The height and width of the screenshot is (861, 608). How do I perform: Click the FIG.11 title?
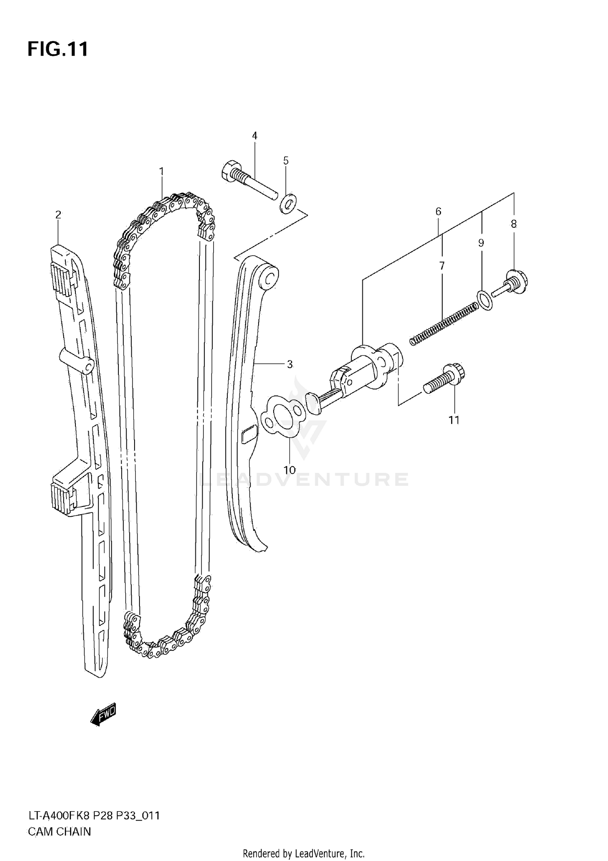pyautogui.click(x=58, y=49)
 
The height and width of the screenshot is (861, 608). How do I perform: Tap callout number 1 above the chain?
pyautogui.click(x=161, y=171)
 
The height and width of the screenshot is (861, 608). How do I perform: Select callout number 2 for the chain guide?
pyautogui.click(x=58, y=214)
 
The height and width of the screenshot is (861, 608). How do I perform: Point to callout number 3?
pyautogui.click(x=289, y=364)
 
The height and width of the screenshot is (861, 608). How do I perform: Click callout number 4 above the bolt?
pyautogui.click(x=255, y=136)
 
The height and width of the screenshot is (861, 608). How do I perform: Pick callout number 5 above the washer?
pyautogui.click(x=286, y=161)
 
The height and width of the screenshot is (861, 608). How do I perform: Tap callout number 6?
pyautogui.click(x=438, y=211)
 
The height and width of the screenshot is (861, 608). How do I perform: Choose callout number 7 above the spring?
pyautogui.click(x=442, y=266)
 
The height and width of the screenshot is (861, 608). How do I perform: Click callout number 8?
pyautogui.click(x=514, y=224)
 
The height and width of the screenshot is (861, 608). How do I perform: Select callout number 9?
pyautogui.click(x=481, y=243)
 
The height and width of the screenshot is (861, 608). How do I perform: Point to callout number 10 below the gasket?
pyautogui.click(x=289, y=470)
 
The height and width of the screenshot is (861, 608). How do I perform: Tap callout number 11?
pyautogui.click(x=454, y=420)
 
